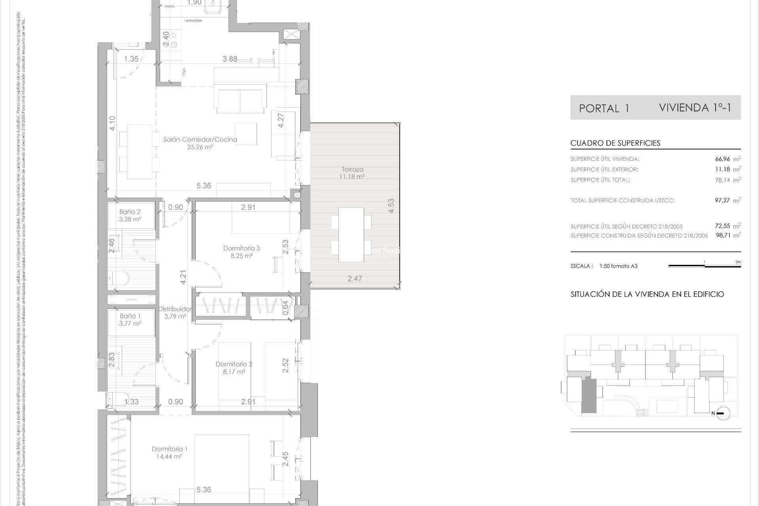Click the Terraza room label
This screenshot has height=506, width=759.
352,169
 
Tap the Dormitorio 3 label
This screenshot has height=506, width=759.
241,248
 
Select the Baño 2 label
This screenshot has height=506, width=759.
130,212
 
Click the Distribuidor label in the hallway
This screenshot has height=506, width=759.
175,309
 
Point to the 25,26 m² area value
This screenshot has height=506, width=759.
200,147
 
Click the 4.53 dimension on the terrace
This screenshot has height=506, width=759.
391,206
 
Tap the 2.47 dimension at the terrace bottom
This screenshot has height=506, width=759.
355,279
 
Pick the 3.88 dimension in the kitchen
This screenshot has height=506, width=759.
230,59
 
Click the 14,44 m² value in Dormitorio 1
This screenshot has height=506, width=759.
169,456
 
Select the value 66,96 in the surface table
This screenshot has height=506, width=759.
722,159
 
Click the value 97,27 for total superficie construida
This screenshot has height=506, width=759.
722,200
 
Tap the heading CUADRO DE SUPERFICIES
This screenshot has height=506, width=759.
615,143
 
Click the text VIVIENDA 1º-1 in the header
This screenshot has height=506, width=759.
695,108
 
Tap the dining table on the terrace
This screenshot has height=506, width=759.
351,234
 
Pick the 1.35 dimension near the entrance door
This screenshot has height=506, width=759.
131,59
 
